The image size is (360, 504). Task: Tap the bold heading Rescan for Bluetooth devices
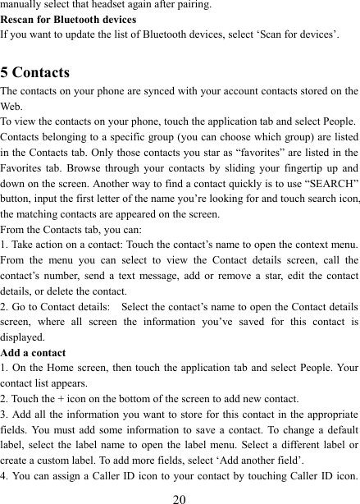click(68, 19)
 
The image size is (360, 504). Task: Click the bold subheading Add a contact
click(34, 351)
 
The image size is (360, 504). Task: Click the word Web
click(12, 106)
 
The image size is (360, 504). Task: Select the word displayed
click(23, 337)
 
